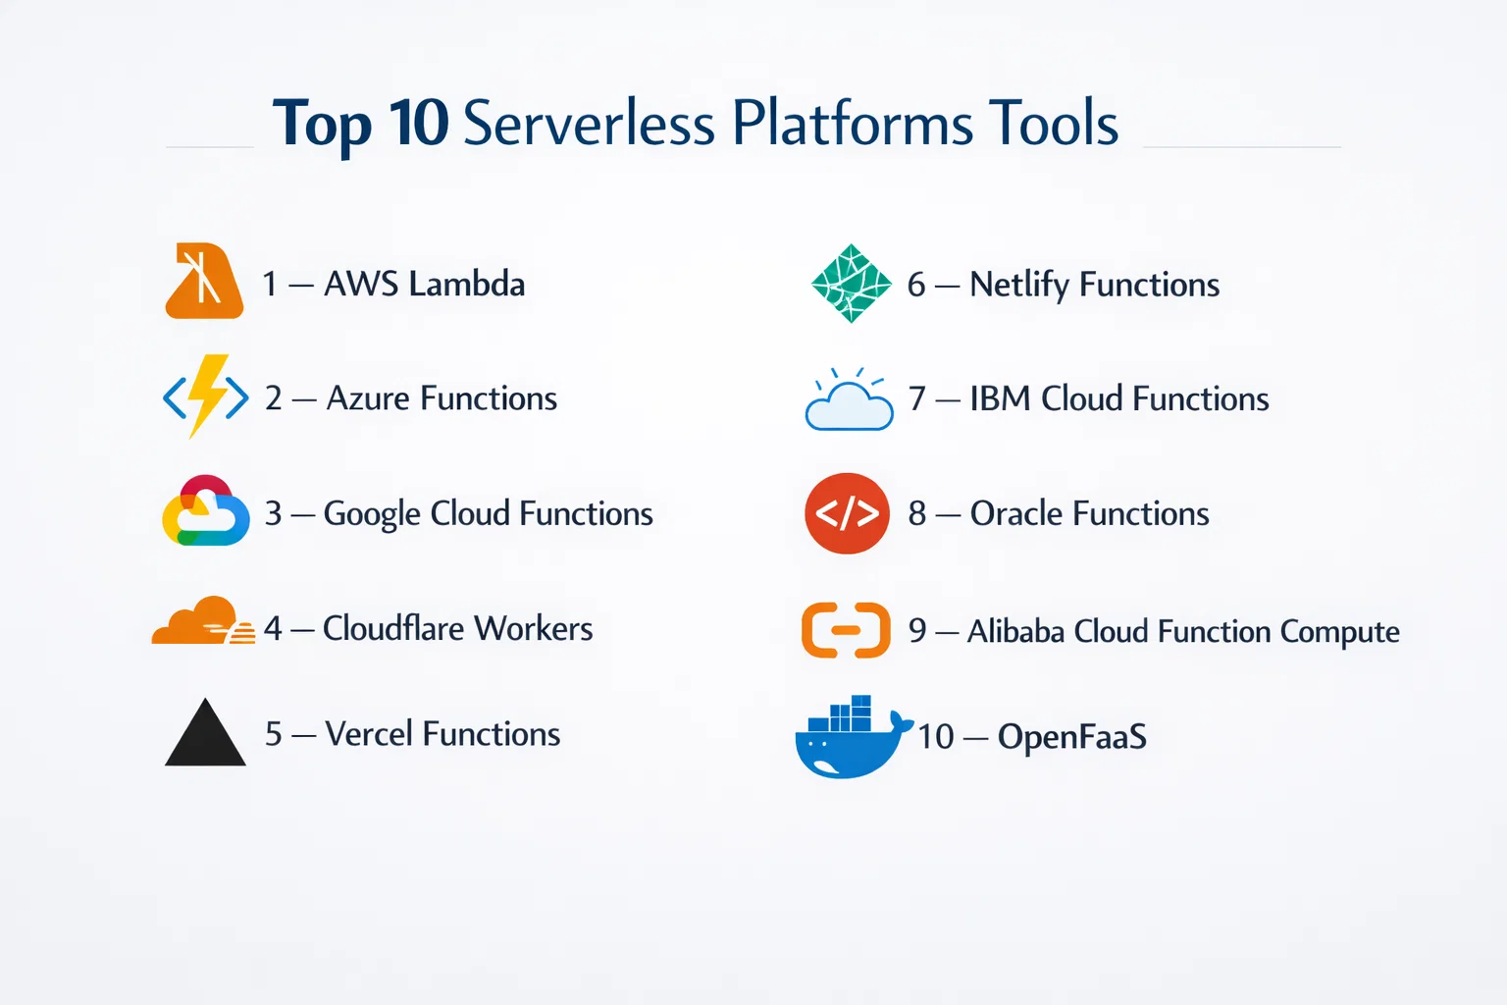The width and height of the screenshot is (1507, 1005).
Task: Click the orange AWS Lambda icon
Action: pyautogui.click(x=204, y=282)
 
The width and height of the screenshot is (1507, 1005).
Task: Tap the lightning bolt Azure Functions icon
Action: pyautogui.click(x=206, y=397)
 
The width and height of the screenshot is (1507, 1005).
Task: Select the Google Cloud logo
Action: pyautogui.click(x=205, y=511)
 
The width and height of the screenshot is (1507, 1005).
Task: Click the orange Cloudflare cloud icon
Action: pyautogui.click(x=202, y=621)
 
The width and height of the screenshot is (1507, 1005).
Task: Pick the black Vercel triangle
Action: pyautogui.click(x=205, y=734)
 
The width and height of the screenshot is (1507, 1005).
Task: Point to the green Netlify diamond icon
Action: pyautogui.click(x=852, y=284)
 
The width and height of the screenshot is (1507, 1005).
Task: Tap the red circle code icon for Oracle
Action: pyautogui.click(x=847, y=513)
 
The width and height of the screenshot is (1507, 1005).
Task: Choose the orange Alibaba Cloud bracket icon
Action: pyautogui.click(x=846, y=629)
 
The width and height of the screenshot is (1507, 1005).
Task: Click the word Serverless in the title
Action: pyautogui.click(x=589, y=125)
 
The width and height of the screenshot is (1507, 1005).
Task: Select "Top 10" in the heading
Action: pyautogui.click(x=360, y=125)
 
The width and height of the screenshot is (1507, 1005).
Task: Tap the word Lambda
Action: pyautogui.click(x=467, y=284)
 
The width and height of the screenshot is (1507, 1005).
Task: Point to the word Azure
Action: pyautogui.click(x=367, y=398)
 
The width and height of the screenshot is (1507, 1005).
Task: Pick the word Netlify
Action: pyautogui.click(x=1018, y=285)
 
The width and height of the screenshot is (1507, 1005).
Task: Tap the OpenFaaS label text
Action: pyautogui.click(x=1071, y=736)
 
